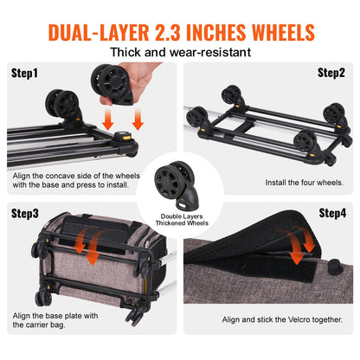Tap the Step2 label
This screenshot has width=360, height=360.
point(331,73)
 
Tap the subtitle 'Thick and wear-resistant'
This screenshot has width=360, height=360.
point(180,52)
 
